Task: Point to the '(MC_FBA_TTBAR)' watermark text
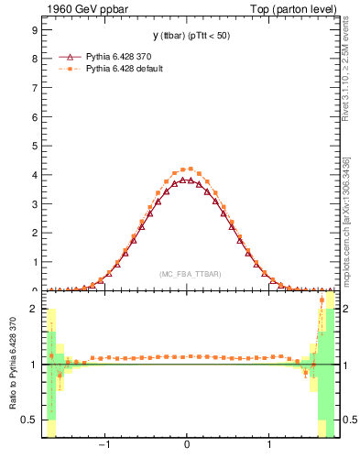[x=188, y=274]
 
